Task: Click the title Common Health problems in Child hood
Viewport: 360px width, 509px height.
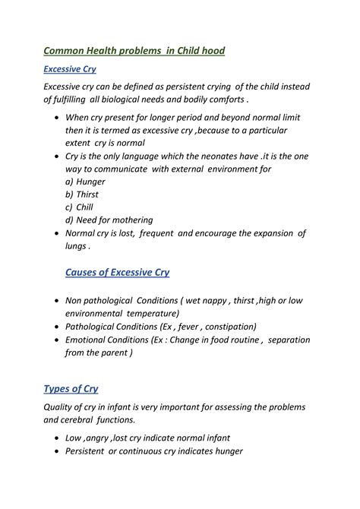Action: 134,51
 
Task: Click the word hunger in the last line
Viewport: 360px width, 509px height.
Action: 223,451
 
